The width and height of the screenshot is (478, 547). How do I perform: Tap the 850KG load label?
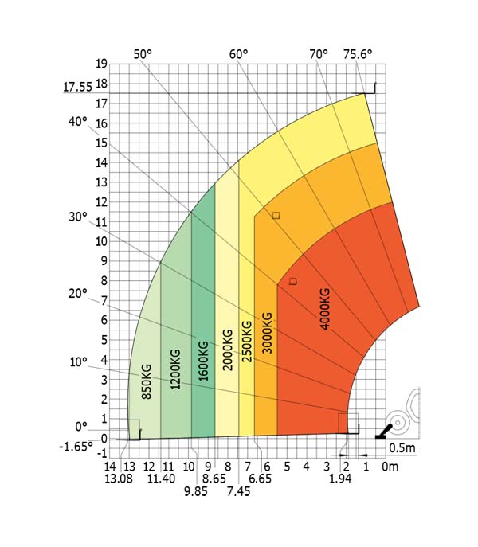(x=147, y=381)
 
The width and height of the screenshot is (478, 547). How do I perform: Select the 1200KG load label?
(x=175, y=369)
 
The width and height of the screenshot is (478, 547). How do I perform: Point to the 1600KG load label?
(x=204, y=362)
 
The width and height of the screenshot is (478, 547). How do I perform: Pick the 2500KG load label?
(x=247, y=342)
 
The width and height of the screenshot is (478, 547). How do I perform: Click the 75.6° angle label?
(x=357, y=54)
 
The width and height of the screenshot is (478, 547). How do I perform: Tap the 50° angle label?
(x=142, y=54)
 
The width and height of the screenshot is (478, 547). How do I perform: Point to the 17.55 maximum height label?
(x=79, y=88)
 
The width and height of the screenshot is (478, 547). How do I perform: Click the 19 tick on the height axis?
(x=100, y=64)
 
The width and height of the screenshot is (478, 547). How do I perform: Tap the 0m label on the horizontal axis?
(x=390, y=466)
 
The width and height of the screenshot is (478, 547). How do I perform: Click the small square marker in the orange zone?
(x=276, y=215)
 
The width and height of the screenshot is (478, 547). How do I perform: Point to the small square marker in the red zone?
(x=292, y=281)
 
